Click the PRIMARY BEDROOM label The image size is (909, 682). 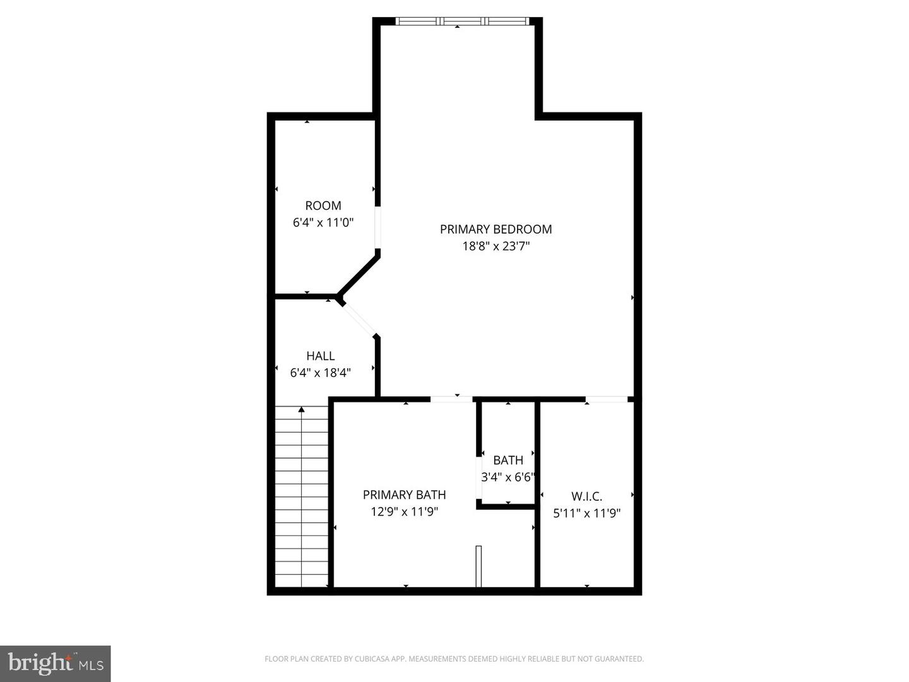[496, 229]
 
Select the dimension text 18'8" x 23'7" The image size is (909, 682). [496, 246]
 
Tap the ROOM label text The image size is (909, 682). [323, 205]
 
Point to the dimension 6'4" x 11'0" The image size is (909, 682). [323, 223]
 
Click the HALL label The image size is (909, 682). [321, 356]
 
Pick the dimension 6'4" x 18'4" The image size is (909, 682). [321, 373]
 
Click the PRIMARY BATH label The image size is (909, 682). [404, 495]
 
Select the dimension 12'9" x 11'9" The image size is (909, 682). [404, 512]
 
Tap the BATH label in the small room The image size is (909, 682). [508, 460]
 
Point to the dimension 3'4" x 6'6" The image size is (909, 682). [508, 477]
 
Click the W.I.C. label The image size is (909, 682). [587, 496]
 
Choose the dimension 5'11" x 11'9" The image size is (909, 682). [587, 513]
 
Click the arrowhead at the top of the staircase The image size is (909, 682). [302, 410]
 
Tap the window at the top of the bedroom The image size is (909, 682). [462, 21]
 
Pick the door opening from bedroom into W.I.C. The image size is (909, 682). [607, 399]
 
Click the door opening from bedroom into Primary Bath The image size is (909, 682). [451, 399]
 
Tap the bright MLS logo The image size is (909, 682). [55, 664]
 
